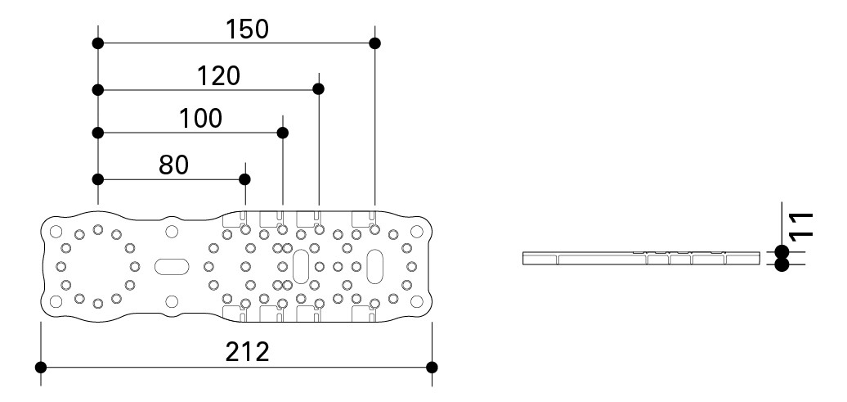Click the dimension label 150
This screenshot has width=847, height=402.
click(x=247, y=29)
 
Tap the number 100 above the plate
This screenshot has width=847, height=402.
click(x=200, y=119)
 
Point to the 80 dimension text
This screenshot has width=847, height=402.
click(x=173, y=165)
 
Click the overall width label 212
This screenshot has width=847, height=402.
click(x=247, y=352)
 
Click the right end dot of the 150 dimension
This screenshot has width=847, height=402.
click(x=374, y=43)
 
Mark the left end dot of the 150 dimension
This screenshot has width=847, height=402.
click(x=98, y=43)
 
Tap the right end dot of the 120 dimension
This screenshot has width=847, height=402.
click(x=319, y=88)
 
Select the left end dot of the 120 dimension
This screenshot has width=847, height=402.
click(x=98, y=88)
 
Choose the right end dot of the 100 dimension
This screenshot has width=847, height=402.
click(x=283, y=133)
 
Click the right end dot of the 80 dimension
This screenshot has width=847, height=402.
click(x=244, y=178)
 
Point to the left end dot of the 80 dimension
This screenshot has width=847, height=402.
click(x=98, y=178)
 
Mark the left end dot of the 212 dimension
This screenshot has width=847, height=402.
click(x=42, y=366)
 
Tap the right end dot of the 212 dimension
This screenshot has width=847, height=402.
click(x=432, y=366)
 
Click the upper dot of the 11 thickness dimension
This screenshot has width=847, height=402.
click(x=782, y=251)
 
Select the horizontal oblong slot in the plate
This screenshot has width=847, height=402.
click(x=172, y=266)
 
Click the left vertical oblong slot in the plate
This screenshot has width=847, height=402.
click(x=301, y=266)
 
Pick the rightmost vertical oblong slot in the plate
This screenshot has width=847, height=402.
click(x=375, y=266)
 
